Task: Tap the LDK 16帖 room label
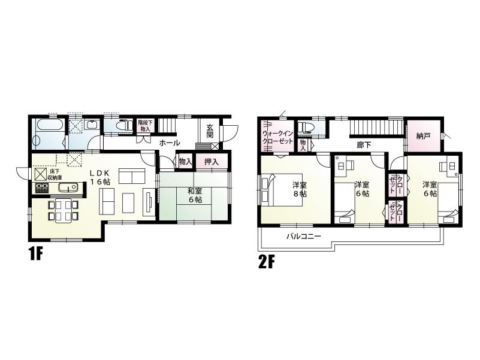tap(101, 177)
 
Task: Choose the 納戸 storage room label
tap(423, 136)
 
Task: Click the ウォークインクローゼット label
tap(277, 136)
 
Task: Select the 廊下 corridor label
tap(364, 145)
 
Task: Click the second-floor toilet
tap(307, 127)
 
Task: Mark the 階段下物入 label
tap(146, 125)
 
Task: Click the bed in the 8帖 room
tap(282, 189)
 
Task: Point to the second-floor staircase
tap(374, 128)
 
